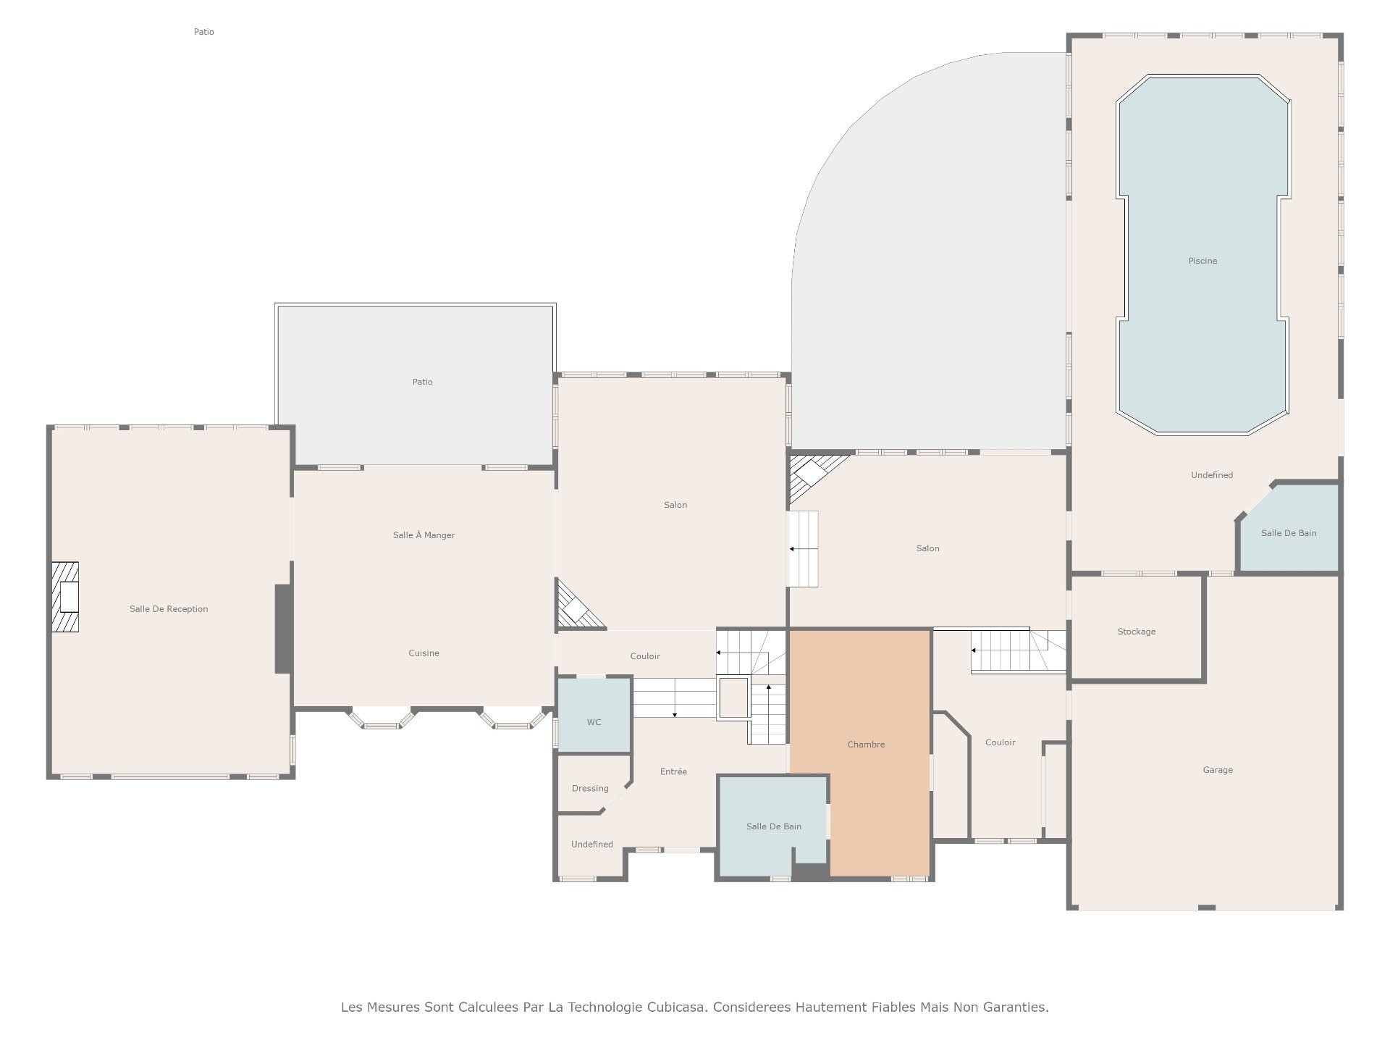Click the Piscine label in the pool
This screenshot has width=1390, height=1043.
tap(1202, 261)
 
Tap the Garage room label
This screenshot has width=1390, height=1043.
tap(1218, 770)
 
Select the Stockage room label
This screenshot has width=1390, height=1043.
tap(1137, 632)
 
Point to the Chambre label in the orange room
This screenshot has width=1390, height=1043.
tap(866, 745)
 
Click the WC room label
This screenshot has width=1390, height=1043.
tap(594, 722)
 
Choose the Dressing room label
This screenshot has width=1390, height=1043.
tap(590, 789)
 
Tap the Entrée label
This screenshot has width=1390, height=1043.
tap(673, 771)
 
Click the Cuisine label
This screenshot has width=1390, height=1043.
tap(424, 653)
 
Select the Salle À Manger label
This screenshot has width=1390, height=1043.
tap(424, 535)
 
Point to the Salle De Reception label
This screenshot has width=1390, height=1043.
tap(169, 609)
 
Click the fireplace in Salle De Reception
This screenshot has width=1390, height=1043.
tap(65, 597)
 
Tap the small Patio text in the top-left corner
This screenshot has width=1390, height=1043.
tap(204, 32)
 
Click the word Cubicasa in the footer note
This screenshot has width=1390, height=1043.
tap(677, 1007)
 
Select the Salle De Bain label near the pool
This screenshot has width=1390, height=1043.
tap(1289, 533)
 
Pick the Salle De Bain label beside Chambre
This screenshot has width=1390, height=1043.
tap(774, 826)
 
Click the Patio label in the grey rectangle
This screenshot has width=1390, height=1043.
tap(423, 382)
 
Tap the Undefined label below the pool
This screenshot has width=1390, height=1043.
tap(1212, 475)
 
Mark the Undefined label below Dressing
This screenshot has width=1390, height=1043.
tap(592, 845)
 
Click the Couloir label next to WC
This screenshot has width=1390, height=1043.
tap(645, 656)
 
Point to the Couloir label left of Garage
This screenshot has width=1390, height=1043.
tap(1001, 742)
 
